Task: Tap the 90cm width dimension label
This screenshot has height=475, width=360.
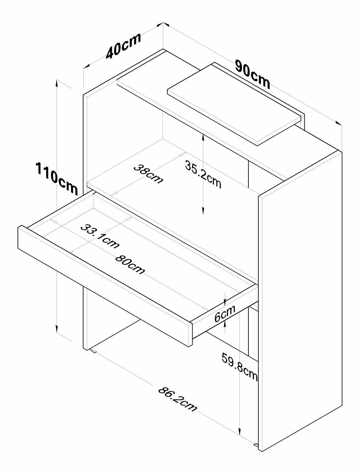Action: [253, 74]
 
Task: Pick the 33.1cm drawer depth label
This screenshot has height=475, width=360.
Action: [99, 236]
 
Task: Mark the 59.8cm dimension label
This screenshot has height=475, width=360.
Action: [239, 368]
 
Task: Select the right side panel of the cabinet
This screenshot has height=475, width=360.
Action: [301, 301]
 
